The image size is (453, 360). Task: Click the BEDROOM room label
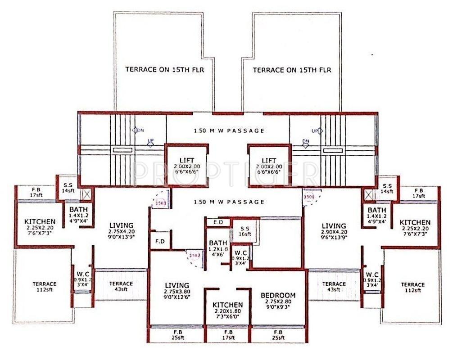[278, 295]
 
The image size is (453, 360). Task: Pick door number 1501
[308, 197]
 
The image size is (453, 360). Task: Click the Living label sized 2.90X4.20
[333, 226]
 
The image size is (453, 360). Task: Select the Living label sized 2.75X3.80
[177, 285]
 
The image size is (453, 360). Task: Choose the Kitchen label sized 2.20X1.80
[227, 305]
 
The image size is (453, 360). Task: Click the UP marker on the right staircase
[315, 130]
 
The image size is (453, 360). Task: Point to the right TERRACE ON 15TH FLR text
[292, 70]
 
